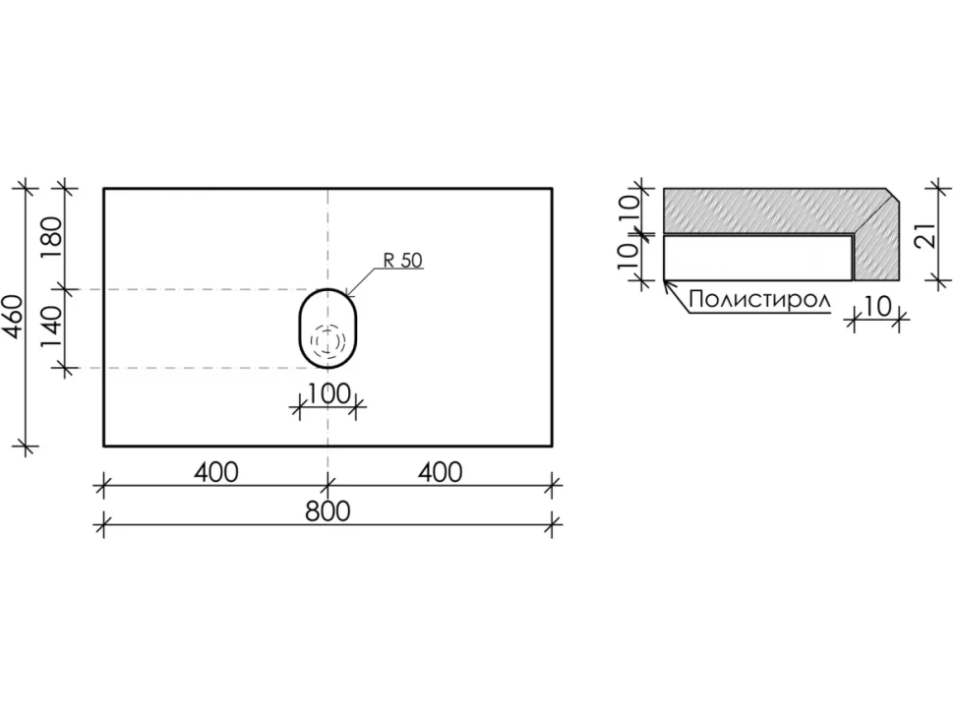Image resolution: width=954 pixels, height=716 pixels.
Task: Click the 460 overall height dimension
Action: [x=14, y=316]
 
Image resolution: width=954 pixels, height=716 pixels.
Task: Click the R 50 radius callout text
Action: [x=402, y=261]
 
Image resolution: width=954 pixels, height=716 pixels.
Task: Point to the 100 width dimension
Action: [x=328, y=394]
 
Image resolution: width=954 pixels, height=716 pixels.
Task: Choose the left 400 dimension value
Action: [x=216, y=472]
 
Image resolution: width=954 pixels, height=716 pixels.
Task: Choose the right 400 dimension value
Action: [x=440, y=472]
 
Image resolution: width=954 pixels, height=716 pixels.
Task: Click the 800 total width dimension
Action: [x=328, y=511]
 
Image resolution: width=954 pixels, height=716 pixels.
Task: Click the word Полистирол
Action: [x=759, y=300]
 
